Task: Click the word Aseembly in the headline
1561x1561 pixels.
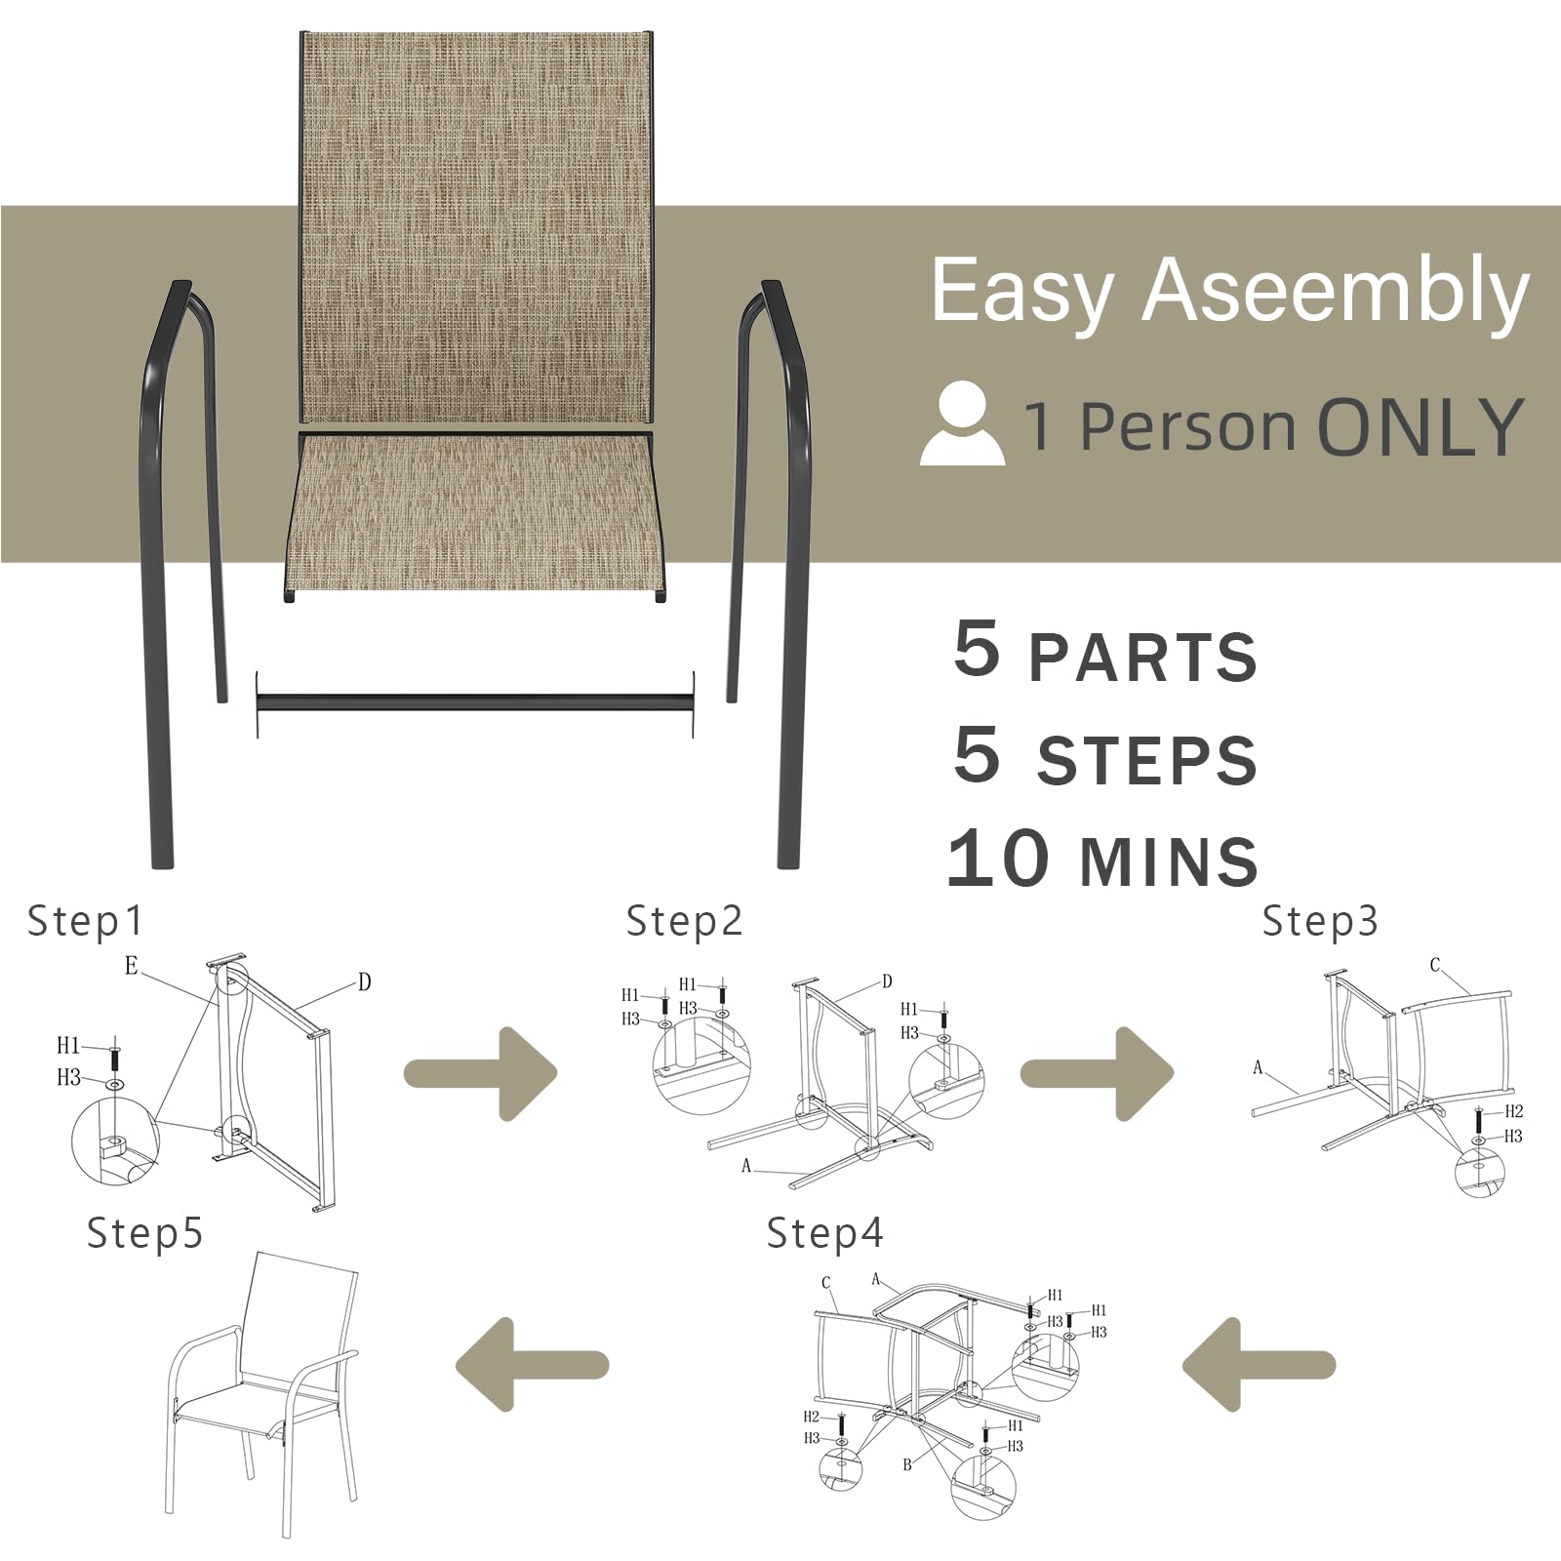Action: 1335,291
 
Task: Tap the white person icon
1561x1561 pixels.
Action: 962,424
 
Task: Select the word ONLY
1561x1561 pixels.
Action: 1420,427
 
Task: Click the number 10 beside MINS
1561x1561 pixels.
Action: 998,859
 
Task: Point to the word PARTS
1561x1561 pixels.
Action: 1142,657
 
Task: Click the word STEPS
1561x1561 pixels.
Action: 1146,761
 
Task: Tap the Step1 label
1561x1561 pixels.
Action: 85,921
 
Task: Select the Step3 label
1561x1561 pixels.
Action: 1319,921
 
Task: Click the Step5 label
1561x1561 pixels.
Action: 144,1233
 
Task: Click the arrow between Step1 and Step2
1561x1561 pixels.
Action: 480,1073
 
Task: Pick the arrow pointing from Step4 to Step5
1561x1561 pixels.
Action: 533,1364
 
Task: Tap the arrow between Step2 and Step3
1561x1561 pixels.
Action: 1096,1073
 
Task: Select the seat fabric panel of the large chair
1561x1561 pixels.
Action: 475,512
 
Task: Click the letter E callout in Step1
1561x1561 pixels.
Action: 132,966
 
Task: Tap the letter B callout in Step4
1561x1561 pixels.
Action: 907,1464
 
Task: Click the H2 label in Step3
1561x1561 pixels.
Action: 1513,1111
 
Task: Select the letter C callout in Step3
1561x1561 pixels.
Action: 1434,965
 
